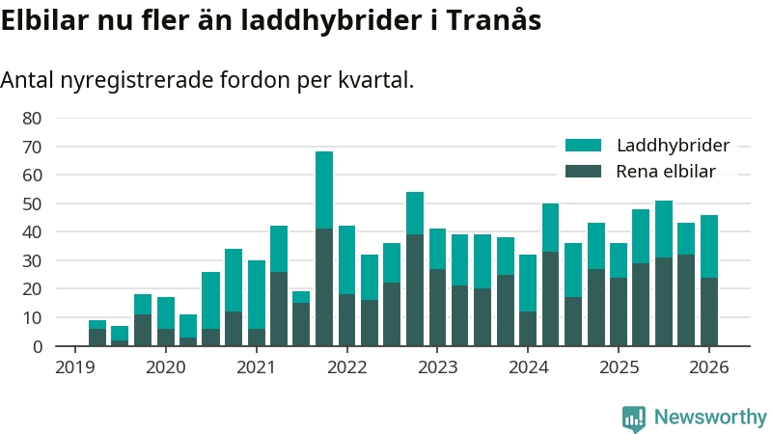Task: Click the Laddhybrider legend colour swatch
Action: [583, 146]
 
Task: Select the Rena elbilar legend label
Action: [665, 172]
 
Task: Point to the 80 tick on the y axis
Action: [32, 119]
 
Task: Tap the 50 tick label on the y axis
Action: [32, 203]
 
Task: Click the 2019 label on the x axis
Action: [74, 367]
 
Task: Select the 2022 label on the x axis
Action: [346, 367]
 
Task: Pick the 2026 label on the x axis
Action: [708, 367]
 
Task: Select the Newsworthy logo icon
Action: [634, 418]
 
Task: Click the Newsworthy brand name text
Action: [710, 418]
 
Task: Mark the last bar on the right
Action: [708, 280]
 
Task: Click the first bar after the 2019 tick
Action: [97, 333]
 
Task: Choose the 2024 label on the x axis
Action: [528, 367]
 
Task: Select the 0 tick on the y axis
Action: [37, 346]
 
